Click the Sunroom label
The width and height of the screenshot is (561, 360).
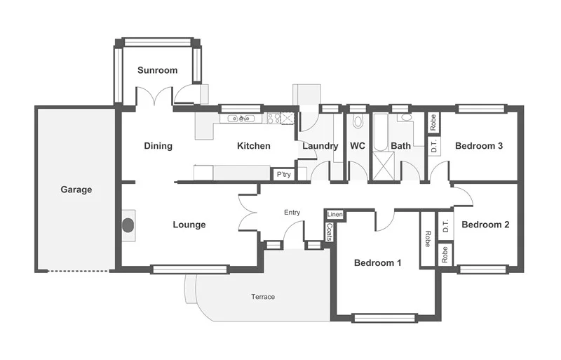tap(157, 70)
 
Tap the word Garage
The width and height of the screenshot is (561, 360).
tap(76, 189)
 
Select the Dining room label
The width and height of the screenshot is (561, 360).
tap(158, 146)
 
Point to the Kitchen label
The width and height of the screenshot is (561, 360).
tap(253, 146)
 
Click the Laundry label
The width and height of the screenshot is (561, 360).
tap(320, 146)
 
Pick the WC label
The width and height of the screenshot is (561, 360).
tap(358, 146)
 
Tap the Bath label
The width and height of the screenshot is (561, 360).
tap(401, 146)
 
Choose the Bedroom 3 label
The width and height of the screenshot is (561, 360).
tap(479, 146)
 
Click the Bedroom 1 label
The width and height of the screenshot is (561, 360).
tap(377, 263)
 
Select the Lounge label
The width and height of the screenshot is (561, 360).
tap(189, 225)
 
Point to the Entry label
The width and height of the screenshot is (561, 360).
tap(292, 212)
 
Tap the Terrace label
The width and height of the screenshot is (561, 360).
tap(263, 297)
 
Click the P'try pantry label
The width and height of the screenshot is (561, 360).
tap(283, 174)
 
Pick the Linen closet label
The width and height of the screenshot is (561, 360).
tap(334, 214)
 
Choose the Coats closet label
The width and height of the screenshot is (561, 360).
tap(330, 231)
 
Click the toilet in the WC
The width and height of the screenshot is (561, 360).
tap(358, 121)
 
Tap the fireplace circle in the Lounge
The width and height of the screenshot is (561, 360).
tap(128, 225)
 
